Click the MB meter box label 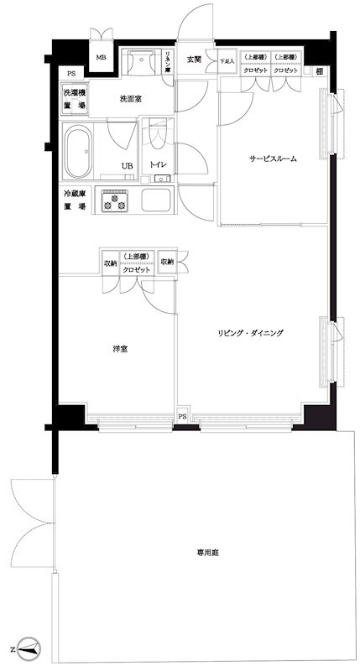pyautogui.click(x=101, y=58)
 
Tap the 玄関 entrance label pyautogui.click(x=194, y=59)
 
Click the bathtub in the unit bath pyautogui.click(x=77, y=153)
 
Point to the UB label pyautogui.click(x=127, y=165)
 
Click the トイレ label pyautogui.click(x=156, y=165)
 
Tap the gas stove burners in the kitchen pyautogui.click(x=115, y=202)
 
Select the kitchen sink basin pyautogui.click(x=156, y=202)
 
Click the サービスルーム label pyautogui.click(x=272, y=158)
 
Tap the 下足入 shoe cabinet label pyautogui.click(x=227, y=61)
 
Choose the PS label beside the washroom pyautogui.click(x=71, y=74)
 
